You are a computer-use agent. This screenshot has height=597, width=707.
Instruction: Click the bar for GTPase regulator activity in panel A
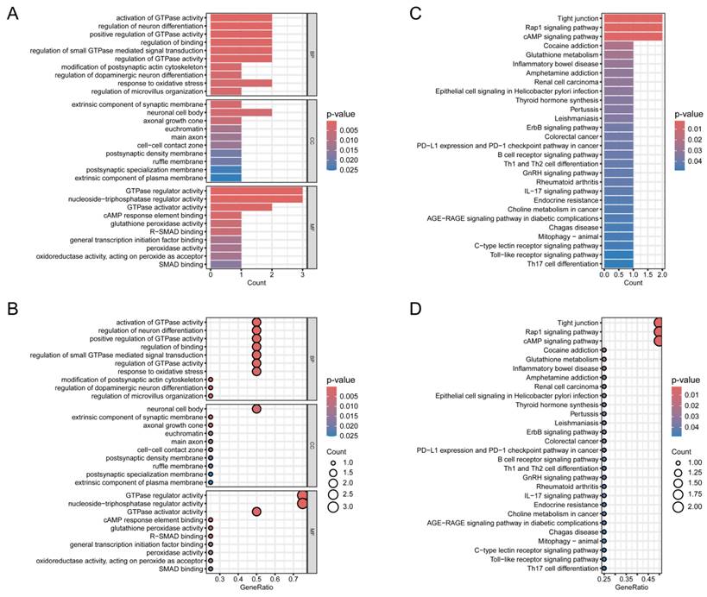tap(256, 191)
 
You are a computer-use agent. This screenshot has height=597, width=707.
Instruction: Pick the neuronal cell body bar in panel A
tap(241, 112)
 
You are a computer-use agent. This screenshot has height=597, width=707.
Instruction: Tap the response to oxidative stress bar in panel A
tap(241, 82)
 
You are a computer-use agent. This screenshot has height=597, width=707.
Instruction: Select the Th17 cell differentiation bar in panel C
tap(619, 264)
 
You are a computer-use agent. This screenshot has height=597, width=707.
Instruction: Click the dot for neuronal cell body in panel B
tap(256, 408)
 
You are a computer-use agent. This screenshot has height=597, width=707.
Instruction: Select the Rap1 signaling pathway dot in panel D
tap(659, 331)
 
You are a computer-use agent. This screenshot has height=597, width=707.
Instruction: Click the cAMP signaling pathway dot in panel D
tap(659, 341)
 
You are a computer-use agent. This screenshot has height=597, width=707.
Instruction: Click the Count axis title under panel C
tap(633, 282)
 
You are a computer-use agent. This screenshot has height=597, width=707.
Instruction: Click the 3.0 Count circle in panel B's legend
tap(333, 507)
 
